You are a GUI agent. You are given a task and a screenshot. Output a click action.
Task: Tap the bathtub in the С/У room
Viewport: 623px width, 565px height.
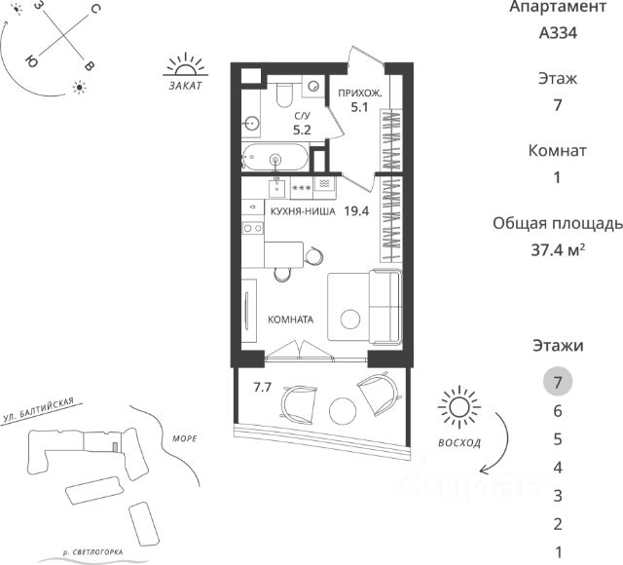275,157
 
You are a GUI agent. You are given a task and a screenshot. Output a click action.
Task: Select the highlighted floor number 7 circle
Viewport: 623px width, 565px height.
558,382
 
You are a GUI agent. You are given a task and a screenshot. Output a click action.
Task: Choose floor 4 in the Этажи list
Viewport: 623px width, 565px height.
558,468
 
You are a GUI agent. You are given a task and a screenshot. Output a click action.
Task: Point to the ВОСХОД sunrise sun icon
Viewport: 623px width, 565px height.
459,407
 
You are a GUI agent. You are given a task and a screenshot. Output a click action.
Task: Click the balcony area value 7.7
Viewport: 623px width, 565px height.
262,387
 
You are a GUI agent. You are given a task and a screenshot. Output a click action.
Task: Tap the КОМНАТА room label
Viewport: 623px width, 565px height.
290,320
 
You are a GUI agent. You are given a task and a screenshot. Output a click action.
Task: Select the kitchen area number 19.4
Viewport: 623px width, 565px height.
356,211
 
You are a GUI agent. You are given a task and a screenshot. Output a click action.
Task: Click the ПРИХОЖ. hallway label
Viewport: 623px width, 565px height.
359,94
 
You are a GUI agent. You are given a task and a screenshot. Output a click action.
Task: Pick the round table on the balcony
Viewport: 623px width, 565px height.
343,411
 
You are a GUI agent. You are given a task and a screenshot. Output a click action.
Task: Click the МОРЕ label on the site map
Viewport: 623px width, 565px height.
185,438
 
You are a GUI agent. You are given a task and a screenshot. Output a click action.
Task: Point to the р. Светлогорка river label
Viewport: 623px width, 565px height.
93,552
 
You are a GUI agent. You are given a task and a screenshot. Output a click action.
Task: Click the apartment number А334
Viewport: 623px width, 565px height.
558,33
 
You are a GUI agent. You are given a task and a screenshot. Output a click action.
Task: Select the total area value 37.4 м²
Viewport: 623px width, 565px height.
558,250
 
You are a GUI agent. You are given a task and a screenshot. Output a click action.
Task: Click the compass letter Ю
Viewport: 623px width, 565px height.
31,60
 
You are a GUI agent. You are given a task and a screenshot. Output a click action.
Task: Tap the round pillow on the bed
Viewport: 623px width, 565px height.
350,320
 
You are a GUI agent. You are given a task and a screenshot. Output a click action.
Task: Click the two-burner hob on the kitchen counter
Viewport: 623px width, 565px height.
253,228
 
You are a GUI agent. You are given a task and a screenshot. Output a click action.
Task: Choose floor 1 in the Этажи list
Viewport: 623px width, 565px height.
558,552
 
